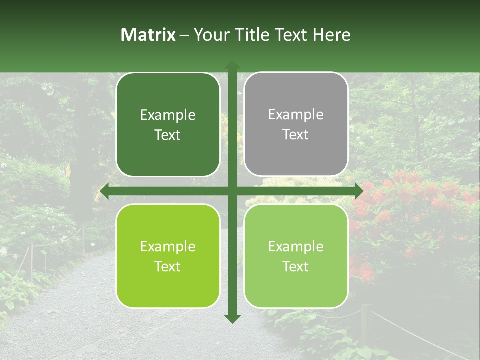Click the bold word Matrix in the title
point(148,35)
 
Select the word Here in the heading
point(331,35)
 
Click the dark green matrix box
point(168,125)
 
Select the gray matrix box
point(296,124)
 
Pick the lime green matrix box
point(168,256)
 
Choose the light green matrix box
point(296,256)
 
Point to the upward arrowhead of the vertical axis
point(232,65)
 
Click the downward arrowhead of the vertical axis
point(232,318)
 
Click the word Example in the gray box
point(296,115)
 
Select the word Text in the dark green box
point(168,135)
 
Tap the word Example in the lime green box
point(168,246)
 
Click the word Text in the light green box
point(296,266)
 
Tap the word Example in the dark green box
point(168,115)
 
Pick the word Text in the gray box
point(296,135)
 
